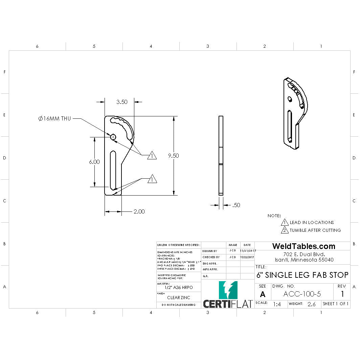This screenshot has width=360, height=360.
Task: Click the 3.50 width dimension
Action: [122, 102]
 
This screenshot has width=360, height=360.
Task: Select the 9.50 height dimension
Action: [174, 156]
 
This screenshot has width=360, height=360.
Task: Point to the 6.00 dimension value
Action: [94, 162]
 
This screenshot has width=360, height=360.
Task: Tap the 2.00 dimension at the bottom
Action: [139, 211]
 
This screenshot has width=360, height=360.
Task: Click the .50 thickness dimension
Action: [236, 205]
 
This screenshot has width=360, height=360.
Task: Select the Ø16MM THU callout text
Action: [54, 118]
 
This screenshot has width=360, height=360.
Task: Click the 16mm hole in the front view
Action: [113, 137]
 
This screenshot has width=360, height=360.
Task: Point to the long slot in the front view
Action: [113, 170]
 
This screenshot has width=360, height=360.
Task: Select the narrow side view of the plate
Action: [221, 156]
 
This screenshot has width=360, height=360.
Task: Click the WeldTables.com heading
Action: [303, 246]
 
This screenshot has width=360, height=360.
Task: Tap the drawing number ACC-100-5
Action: [302, 294]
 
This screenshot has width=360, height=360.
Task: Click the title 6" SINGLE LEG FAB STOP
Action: [302, 275]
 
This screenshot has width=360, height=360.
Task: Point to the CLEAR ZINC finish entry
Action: [178, 298]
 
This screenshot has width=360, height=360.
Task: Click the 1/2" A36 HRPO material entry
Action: [178, 287]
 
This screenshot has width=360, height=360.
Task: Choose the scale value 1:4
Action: [277, 304]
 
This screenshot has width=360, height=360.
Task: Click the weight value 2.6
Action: [311, 304]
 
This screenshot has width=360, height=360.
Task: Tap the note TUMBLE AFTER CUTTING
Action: [315, 230]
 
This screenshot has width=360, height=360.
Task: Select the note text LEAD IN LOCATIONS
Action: [312, 222]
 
